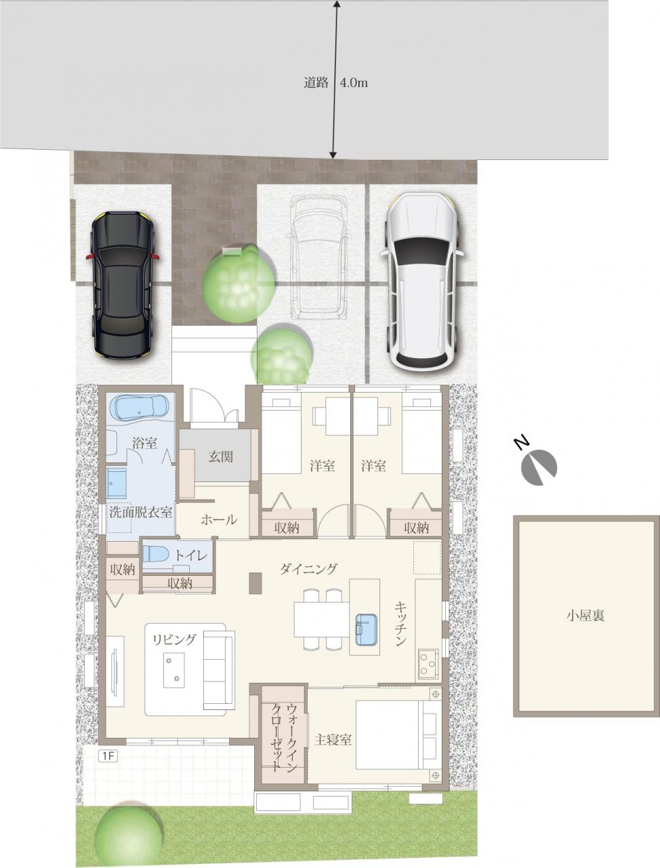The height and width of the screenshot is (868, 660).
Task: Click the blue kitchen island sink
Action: click(x=366, y=629)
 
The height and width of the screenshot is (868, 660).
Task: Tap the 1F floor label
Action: click(x=108, y=755)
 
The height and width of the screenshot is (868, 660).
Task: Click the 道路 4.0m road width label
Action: click(x=335, y=83)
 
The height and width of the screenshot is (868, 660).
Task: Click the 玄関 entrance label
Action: click(x=220, y=457)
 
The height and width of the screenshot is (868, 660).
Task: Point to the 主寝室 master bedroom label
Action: click(x=333, y=739)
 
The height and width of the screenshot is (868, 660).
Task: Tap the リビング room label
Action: click(x=174, y=639)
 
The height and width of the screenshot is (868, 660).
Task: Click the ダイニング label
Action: click(x=308, y=569)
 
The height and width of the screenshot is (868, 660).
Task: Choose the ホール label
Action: click(x=219, y=519)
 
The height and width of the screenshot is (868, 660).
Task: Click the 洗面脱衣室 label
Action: click(x=141, y=513)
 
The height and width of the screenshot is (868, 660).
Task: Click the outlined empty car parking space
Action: click(x=321, y=258)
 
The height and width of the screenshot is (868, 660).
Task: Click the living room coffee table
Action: click(x=174, y=670)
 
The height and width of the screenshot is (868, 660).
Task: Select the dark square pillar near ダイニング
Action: click(x=255, y=583)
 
